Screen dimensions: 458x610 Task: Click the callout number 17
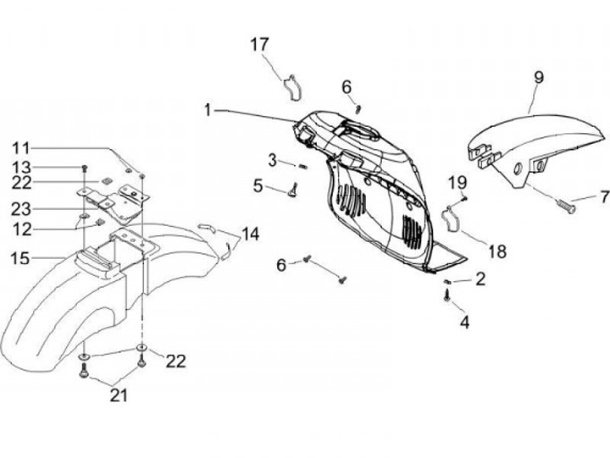coord(258,44)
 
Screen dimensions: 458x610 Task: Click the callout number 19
coord(457,182)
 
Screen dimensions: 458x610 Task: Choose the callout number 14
coord(250,233)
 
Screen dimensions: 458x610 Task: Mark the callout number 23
coord(21,207)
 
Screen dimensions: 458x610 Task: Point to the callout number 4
coord(463,323)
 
